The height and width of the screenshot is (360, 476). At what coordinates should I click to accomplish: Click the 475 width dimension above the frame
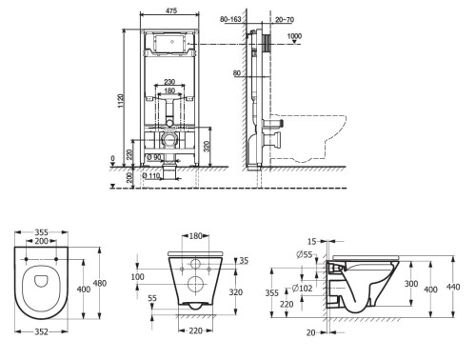point(171,10)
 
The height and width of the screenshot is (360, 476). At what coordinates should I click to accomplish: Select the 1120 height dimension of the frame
point(121,101)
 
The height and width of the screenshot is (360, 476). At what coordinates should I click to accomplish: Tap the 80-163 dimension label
point(230,19)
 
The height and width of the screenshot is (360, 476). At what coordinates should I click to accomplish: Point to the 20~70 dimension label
point(285,20)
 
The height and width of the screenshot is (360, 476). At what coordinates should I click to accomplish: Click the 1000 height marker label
point(294,36)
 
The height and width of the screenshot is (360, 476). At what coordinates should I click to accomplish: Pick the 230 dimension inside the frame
point(169,82)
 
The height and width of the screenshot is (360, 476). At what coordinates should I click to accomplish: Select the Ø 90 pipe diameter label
point(154,157)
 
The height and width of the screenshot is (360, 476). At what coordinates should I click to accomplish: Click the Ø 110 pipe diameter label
point(150,175)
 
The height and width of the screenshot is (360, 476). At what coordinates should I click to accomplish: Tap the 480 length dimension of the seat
point(100,283)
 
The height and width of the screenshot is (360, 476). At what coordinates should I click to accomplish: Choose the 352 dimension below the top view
point(41,331)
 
